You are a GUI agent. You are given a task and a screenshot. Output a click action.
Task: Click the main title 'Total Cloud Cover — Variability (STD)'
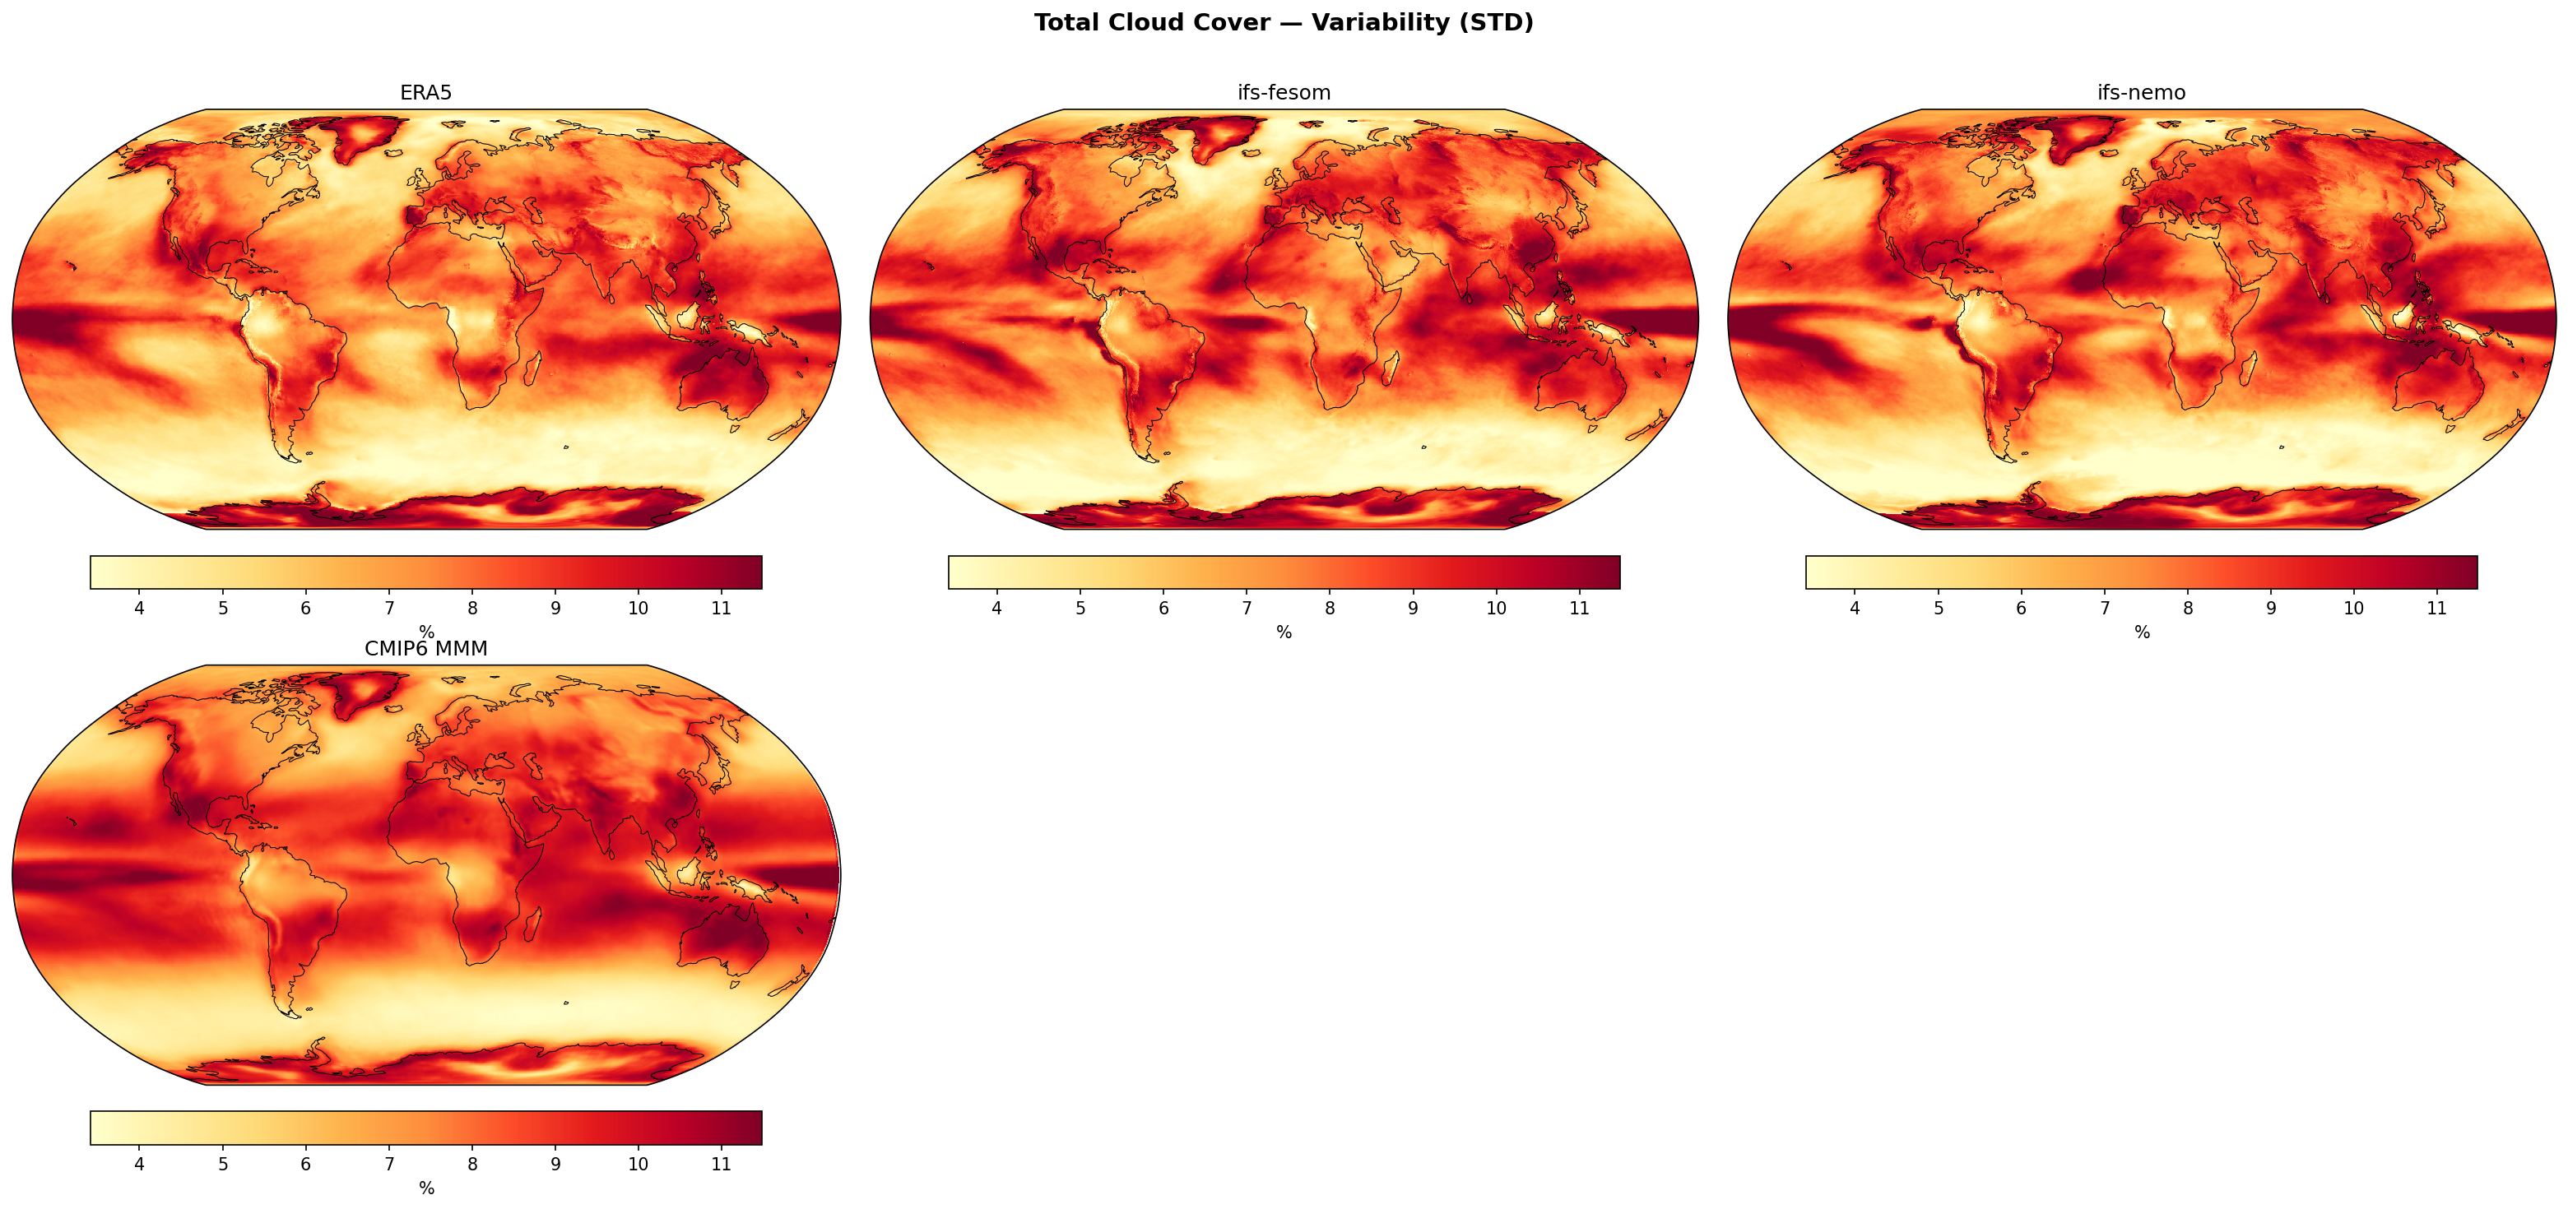click(1283, 23)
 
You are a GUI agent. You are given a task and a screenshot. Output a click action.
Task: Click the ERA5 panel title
click(425, 93)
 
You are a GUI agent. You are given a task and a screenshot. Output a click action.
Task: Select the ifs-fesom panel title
click(1283, 93)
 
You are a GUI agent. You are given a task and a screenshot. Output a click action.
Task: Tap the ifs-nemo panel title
click(2141, 93)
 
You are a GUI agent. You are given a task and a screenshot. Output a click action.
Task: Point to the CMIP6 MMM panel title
click(425, 649)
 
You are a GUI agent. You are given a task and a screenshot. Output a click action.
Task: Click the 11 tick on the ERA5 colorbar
click(722, 608)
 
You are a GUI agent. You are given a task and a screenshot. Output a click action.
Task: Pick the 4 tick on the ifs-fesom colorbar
click(996, 608)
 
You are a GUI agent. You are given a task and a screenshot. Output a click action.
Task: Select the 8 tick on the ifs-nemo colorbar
click(2187, 608)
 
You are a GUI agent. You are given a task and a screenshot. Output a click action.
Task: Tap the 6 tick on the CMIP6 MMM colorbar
click(305, 1164)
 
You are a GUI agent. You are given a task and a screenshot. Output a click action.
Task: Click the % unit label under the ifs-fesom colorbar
click(1284, 633)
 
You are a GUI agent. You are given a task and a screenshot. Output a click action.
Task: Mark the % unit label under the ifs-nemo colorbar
click(2141, 633)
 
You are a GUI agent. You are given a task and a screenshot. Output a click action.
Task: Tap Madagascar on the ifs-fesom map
click(1390, 368)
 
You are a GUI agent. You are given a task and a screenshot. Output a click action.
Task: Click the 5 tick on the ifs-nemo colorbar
click(1938, 608)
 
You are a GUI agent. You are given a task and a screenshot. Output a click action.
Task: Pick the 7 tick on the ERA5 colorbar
click(389, 608)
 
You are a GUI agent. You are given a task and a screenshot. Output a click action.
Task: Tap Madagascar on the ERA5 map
click(532, 368)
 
